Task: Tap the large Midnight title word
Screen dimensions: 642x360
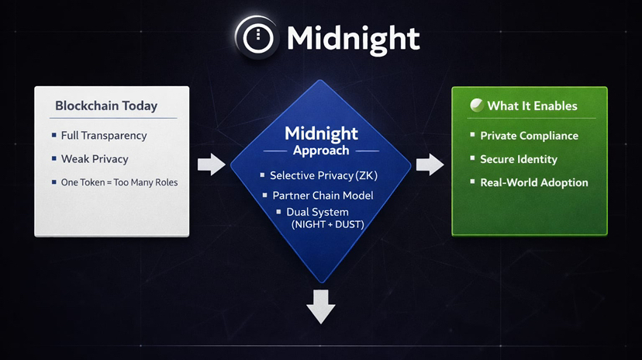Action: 353,37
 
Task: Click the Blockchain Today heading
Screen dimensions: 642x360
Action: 106,106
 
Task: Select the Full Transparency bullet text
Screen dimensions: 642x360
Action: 104,136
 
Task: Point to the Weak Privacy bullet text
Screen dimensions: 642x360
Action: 95,159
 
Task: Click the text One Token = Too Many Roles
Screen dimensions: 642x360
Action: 119,182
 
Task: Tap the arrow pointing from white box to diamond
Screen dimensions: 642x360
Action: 211,164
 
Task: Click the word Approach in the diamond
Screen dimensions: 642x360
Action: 321,151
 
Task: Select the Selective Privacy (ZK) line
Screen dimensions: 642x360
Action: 323,176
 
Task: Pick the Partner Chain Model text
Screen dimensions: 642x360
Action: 323,196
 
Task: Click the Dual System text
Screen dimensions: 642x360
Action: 317,212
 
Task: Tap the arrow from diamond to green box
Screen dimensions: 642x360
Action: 430,164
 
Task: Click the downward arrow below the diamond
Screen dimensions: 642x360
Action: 321,306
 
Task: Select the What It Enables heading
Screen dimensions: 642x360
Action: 532,106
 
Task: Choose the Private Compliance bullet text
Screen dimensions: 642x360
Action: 529,136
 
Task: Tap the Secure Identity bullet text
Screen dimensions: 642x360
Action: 519,159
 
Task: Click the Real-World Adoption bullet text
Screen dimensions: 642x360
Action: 534,182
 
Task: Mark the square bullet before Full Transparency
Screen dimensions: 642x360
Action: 53,136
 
